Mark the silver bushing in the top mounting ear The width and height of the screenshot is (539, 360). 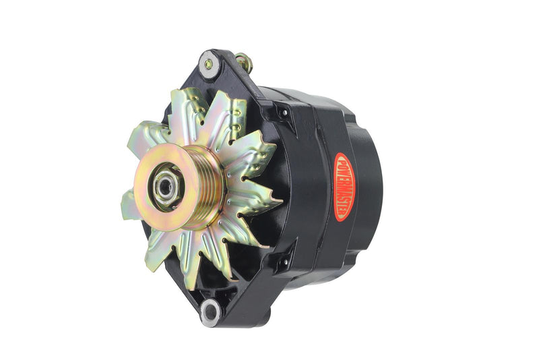click(208, 65)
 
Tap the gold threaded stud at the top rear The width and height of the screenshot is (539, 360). click(244, 62)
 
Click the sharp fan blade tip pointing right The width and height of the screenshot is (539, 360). click(278, 200)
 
